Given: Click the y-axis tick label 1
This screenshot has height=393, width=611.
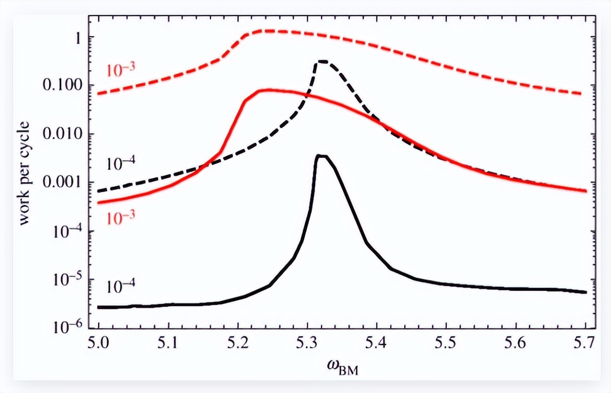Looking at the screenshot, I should (77, 38).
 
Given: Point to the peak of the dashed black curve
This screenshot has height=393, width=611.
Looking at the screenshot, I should (323, 61).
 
